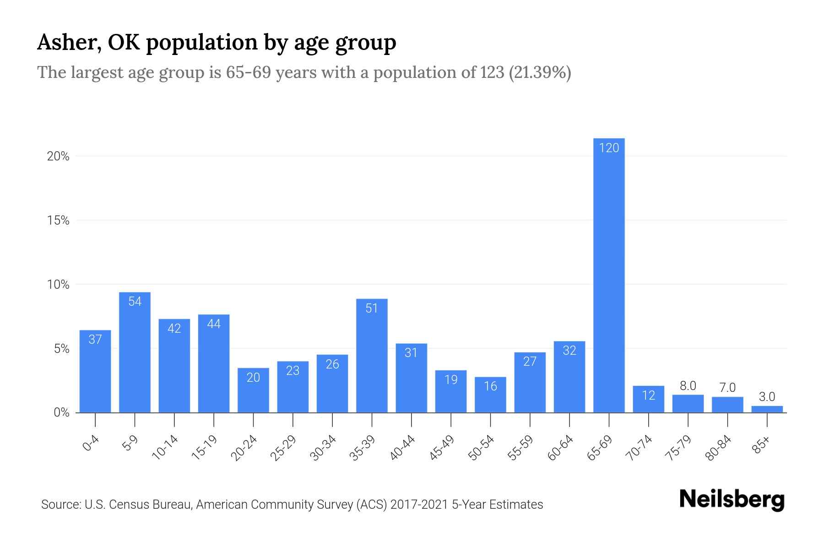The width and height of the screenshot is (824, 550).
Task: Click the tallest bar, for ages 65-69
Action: [x=609, y=275]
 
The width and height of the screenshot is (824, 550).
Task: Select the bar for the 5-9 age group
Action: [x=135, y=353]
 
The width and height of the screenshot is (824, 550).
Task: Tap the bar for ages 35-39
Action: [x=372, y=356]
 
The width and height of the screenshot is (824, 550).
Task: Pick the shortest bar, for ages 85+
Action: [x=767, y=409]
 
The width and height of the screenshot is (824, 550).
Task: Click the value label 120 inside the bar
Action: [x=609, y=148]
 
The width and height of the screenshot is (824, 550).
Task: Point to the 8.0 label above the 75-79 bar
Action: [x=688, y=386]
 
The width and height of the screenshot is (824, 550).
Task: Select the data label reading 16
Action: [x=490, y=386]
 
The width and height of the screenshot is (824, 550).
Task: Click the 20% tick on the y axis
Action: [x=58, y=157]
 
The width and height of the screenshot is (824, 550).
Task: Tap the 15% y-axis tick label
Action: [x=58, y=221]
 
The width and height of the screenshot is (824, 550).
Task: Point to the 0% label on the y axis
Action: [x=61, y=413]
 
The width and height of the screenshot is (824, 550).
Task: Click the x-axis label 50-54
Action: [x=481, y=448]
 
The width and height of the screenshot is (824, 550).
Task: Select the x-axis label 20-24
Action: [x=244, y=448]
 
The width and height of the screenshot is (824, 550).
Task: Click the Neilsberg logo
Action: [x=732, y=500]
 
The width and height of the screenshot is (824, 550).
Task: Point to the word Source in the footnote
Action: [x=60, y=505]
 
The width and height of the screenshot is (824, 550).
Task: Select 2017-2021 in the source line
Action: [x=419, y=505]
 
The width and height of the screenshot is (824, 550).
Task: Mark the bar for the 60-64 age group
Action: [x=569, y=377]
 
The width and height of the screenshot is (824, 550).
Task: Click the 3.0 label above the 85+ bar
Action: [x=767, y=397]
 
